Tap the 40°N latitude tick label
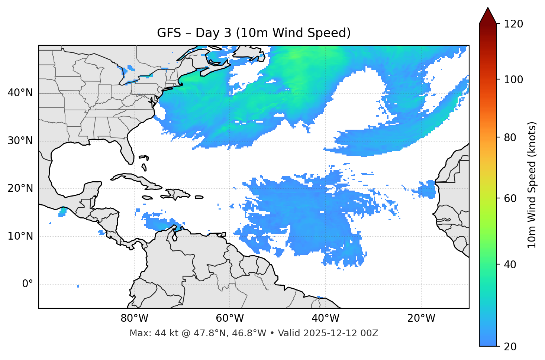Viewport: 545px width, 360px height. point(20,93)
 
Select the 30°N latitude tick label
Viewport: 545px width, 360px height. point(20,141)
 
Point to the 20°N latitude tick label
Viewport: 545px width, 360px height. point(20,188)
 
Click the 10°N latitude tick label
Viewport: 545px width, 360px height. point(20,236)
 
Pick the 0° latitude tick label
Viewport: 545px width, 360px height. point(28,284)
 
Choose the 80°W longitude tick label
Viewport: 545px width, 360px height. point(134,318)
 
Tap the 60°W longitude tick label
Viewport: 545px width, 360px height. point(230,318)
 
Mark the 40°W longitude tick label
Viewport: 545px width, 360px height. point(326,318)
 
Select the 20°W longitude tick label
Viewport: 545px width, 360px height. point(421,318)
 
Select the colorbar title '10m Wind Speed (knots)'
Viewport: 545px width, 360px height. point(532,185)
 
